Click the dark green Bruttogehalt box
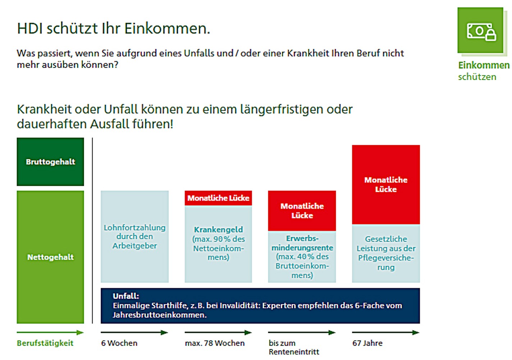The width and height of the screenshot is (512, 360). tap(50, 162)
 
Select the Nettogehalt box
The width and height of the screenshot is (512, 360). tap(50, 257)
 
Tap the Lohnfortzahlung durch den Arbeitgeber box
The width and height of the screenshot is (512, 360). tap(134, 236)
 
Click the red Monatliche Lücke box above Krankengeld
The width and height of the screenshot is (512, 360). tap(218, 198)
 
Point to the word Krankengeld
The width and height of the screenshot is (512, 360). tap(218, 230)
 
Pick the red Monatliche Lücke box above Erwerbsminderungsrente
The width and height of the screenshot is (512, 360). tap(302, 211)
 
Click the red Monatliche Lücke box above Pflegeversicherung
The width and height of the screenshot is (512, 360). tap(386, 185)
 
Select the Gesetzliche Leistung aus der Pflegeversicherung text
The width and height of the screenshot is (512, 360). tap(386, 253)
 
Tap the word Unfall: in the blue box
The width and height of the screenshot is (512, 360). tap(126, 296)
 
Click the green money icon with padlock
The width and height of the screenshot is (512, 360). tap(481, 31)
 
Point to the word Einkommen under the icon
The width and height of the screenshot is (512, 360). tap(484, 65)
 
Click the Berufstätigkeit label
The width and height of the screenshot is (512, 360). tap(45, 343)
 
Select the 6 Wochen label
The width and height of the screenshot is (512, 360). tap(119, 343)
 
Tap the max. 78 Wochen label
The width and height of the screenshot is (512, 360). tap(215, 343)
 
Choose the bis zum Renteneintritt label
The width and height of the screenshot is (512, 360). tap(294, 347)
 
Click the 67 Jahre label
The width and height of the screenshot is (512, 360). tap(367, 343)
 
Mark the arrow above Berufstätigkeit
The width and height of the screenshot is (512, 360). tap(50, 332)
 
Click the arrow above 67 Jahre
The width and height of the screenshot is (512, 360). tap(385, 332)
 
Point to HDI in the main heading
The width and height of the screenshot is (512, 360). tap(30, 28)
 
